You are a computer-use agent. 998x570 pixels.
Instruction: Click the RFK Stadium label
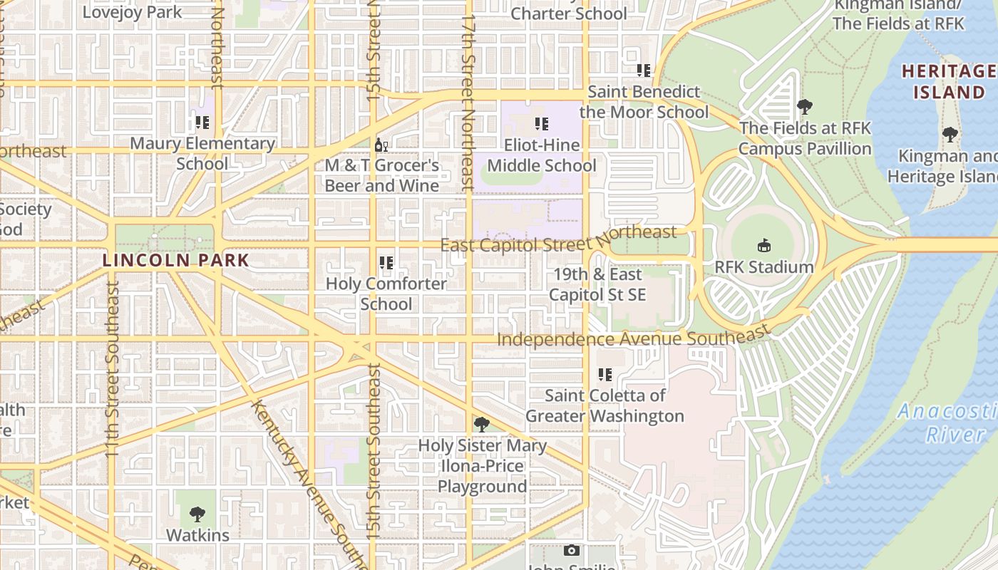coord(764,267)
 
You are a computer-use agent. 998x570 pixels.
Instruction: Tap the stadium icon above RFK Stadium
coord(764,246)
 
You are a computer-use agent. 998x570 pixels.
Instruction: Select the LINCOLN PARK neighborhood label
coord(175,260)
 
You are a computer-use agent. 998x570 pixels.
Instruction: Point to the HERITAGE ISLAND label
coord(949,81)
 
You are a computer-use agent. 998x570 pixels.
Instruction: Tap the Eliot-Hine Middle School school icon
coord(542,124)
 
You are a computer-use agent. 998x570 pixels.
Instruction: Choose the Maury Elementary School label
coord(202,153)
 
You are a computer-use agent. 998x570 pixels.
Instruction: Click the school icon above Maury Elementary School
coord(202,123)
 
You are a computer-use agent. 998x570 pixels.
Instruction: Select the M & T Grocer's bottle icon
coord(381,145)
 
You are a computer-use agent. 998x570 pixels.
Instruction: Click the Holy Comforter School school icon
coord(386,263)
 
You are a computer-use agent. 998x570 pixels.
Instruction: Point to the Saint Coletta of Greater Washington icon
coord(605,375)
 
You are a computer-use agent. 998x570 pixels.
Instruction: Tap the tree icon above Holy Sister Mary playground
coord(482,425)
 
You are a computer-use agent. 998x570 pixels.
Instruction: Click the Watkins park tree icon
coord(197,514)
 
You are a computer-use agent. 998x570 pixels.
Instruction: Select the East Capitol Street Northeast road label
coord(558,239)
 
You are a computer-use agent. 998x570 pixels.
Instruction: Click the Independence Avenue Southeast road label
coord(634,336)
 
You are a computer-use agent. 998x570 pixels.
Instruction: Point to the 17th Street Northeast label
coord(468,103)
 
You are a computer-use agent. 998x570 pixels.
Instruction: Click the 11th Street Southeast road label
coord(113,367)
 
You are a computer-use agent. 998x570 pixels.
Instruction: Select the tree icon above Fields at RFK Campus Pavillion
coord(805,108)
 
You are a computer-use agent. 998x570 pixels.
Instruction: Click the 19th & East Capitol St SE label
coord(597,284)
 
